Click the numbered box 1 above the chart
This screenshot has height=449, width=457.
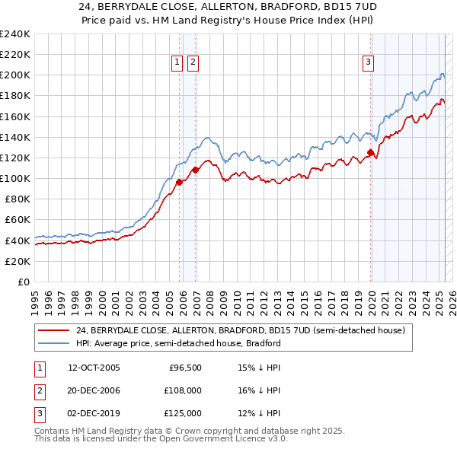(x=177, y=63)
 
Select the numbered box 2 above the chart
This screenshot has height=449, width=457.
(x=193, y=63)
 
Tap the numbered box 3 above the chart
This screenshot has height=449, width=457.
(x=368, y=63)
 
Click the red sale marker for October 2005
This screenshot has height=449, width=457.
(x=180, y=182)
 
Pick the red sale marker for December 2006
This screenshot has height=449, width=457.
(x=196, y=170)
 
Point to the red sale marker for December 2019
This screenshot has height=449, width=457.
(x=371, y=152)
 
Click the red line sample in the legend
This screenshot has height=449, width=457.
(x=54, y=331)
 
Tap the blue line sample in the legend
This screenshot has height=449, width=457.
(x=54, y=343)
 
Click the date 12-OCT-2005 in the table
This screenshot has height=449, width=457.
(x=94, y=368)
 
